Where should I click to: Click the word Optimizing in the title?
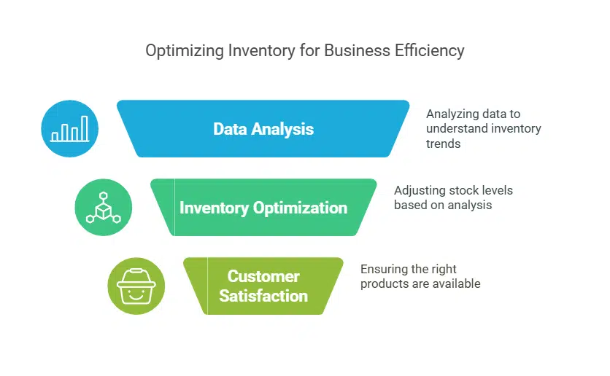coord(179,51)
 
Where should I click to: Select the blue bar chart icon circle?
coord(70,129)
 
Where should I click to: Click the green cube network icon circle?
coord(103,208)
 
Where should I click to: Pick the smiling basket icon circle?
coord(136,286)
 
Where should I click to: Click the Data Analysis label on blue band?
coord(263,129)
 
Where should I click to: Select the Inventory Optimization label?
coord(263,208)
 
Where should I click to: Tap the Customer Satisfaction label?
coord(263,286)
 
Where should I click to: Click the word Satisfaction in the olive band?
coord(263,296)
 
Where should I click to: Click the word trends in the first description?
coord(444,144)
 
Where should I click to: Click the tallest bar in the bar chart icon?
coord(85,128)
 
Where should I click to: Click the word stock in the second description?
coord(466,190)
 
